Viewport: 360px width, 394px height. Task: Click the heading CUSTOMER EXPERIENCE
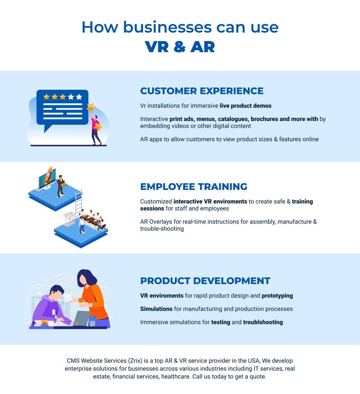pyautogui.click(x=202, y=91)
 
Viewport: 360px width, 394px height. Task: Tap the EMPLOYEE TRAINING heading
pyautogui.click(x=194, y=186)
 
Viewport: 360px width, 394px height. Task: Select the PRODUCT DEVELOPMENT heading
pyautogui.click(x=205, y=281)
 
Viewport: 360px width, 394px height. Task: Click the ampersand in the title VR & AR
pyautogui.click(x=179, y=47)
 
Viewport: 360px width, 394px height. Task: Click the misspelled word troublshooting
pyautogui.click(x=263, y=322)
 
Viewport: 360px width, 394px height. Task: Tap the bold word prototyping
pyautogui.click(x=277, y=296)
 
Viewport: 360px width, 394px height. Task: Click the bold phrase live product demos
pyautogui.click(x=245, y=106)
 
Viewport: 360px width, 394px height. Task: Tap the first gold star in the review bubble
pyautogui.click(x=46, y=97)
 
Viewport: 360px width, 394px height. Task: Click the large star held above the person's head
pyautogui.click(x=91, y=107)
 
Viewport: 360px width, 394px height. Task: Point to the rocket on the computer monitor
pyautogui.click(x=48, y=174)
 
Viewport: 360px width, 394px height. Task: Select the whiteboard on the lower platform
pyautogui.click(x=69, y=216)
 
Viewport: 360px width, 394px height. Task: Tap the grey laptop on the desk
pyautogui.click(x=81, y=318)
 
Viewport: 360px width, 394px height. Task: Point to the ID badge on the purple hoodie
pyautogui.click(x=53, y=312)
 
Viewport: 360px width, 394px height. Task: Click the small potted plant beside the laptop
pyautogui.click(x=93, y=320)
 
